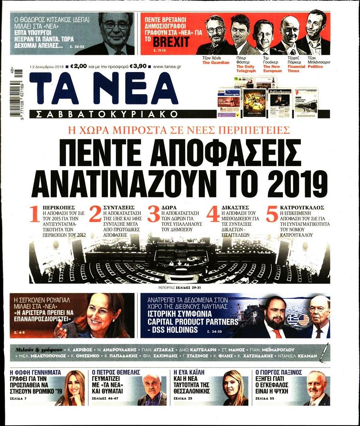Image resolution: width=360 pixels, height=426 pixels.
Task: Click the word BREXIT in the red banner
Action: [172, 42]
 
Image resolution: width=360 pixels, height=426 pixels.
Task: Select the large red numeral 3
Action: [154, 214]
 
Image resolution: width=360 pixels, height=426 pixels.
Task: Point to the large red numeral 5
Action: [272, 214]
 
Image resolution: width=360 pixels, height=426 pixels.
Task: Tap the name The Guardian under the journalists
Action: [216, 62]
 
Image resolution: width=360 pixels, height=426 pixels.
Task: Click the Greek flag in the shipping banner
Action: [292, 319]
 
